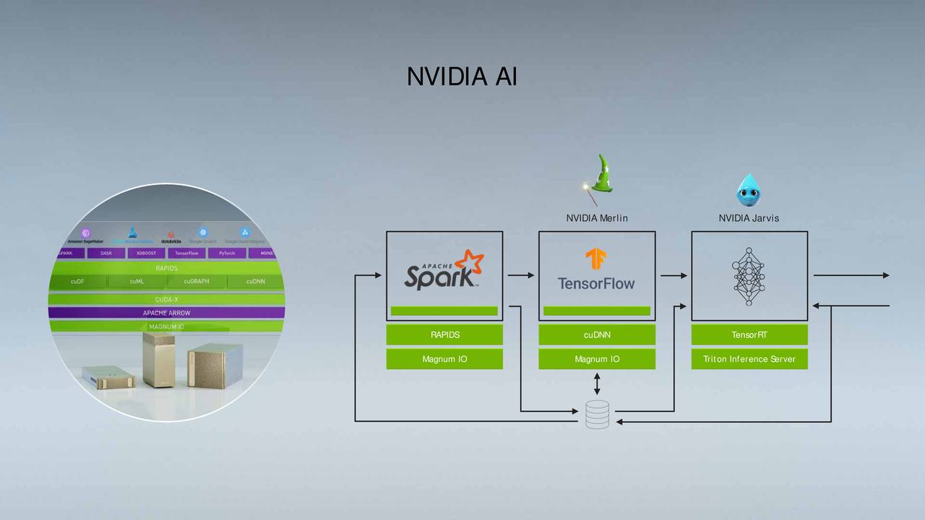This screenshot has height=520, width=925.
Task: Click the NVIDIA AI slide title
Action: (462, 77)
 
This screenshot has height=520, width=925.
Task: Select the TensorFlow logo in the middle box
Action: (596, 270)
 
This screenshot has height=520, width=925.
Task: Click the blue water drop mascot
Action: (749, 189)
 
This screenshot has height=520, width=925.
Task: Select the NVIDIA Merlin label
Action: (597, 218)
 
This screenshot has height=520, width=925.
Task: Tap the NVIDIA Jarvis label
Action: (749, 218)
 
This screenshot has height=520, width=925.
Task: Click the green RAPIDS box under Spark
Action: (444, 335)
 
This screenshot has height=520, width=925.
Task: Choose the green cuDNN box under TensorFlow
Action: (597, 335)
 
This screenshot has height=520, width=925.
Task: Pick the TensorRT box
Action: (749, 335)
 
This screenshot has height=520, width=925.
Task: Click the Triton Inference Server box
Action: (749, 359)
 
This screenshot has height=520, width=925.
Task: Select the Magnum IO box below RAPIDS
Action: (444, 359)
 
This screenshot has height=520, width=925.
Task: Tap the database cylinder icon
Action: (597, 415)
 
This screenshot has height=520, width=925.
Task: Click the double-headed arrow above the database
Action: (597, 383)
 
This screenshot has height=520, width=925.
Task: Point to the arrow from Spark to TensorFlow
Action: (520, 275)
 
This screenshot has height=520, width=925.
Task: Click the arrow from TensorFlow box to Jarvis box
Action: (674, 275)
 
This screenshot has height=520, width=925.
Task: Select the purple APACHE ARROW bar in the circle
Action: (166, 313)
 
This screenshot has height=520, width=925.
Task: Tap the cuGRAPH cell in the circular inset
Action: (197, 282)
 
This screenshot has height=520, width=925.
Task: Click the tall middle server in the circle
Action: (160, 359)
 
